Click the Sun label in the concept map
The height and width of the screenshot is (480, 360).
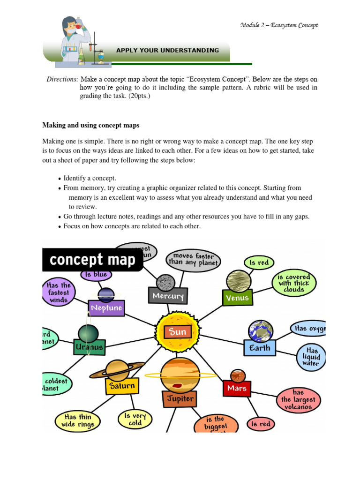click(178, 332)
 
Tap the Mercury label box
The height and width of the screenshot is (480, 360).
click(168, 296)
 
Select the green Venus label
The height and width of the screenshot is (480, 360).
click(237, 298)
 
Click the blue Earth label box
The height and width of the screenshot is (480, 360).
click(260, 348)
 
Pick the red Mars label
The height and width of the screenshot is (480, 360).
click(237, 388)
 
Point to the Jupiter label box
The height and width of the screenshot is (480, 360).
click(180, 399)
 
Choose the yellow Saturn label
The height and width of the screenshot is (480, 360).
click(121, 387)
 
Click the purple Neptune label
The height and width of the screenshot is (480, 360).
click(106, 308)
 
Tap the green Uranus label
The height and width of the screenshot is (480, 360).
click(89, 348)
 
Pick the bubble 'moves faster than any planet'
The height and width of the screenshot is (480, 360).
click(193, 259)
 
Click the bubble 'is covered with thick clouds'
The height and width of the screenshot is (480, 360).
click(294, 283)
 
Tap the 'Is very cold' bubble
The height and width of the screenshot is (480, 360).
click(135, 419)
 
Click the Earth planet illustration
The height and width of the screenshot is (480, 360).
click(260, 331)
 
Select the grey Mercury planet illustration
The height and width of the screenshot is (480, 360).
click(165, 282)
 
